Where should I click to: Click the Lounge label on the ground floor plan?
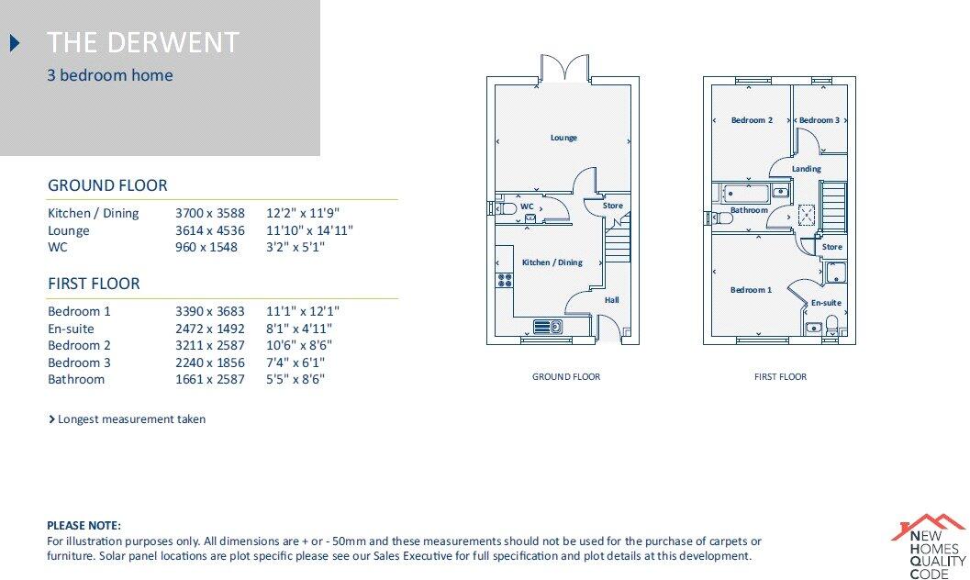click(563, 138)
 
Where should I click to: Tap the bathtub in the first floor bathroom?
click(741, 192)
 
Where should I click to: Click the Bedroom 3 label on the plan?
click(819, 120)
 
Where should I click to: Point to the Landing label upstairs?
click(806, 169)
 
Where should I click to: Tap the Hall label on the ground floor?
click(611, 300)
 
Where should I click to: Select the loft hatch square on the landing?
click(807, 216)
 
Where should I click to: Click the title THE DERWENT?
click(143, 42)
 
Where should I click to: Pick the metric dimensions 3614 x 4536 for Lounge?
click(210, 230)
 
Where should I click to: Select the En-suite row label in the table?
click(71, 329)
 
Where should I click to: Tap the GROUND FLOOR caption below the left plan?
click(566, 376)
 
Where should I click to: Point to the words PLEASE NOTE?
click(84, 526)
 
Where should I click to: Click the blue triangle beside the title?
click(15, 42)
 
